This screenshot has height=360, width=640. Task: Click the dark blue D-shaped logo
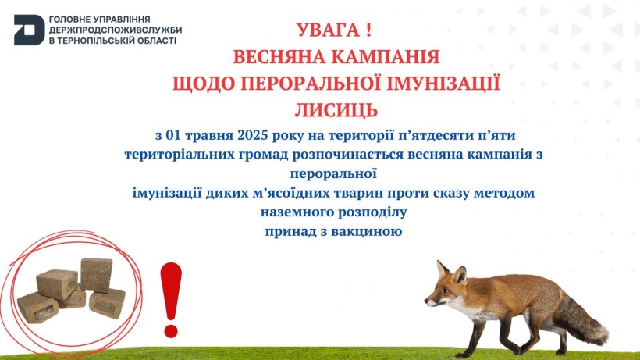(x=29, y=30)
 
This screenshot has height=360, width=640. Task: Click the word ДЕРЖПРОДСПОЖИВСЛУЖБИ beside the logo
(x=116, y=30)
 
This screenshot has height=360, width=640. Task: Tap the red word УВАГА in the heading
(x=328, y=30)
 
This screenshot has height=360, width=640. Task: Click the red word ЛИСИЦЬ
(x=336, y=110)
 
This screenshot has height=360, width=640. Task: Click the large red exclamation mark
(x=171, y=300)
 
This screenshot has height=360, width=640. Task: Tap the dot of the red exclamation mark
(x=171, y=330)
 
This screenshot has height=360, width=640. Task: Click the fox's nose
(x=426, y=301)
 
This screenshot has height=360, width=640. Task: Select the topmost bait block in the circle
(x=96, y=274)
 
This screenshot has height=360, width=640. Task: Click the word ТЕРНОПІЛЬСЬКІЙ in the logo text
(x=104, y=41)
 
